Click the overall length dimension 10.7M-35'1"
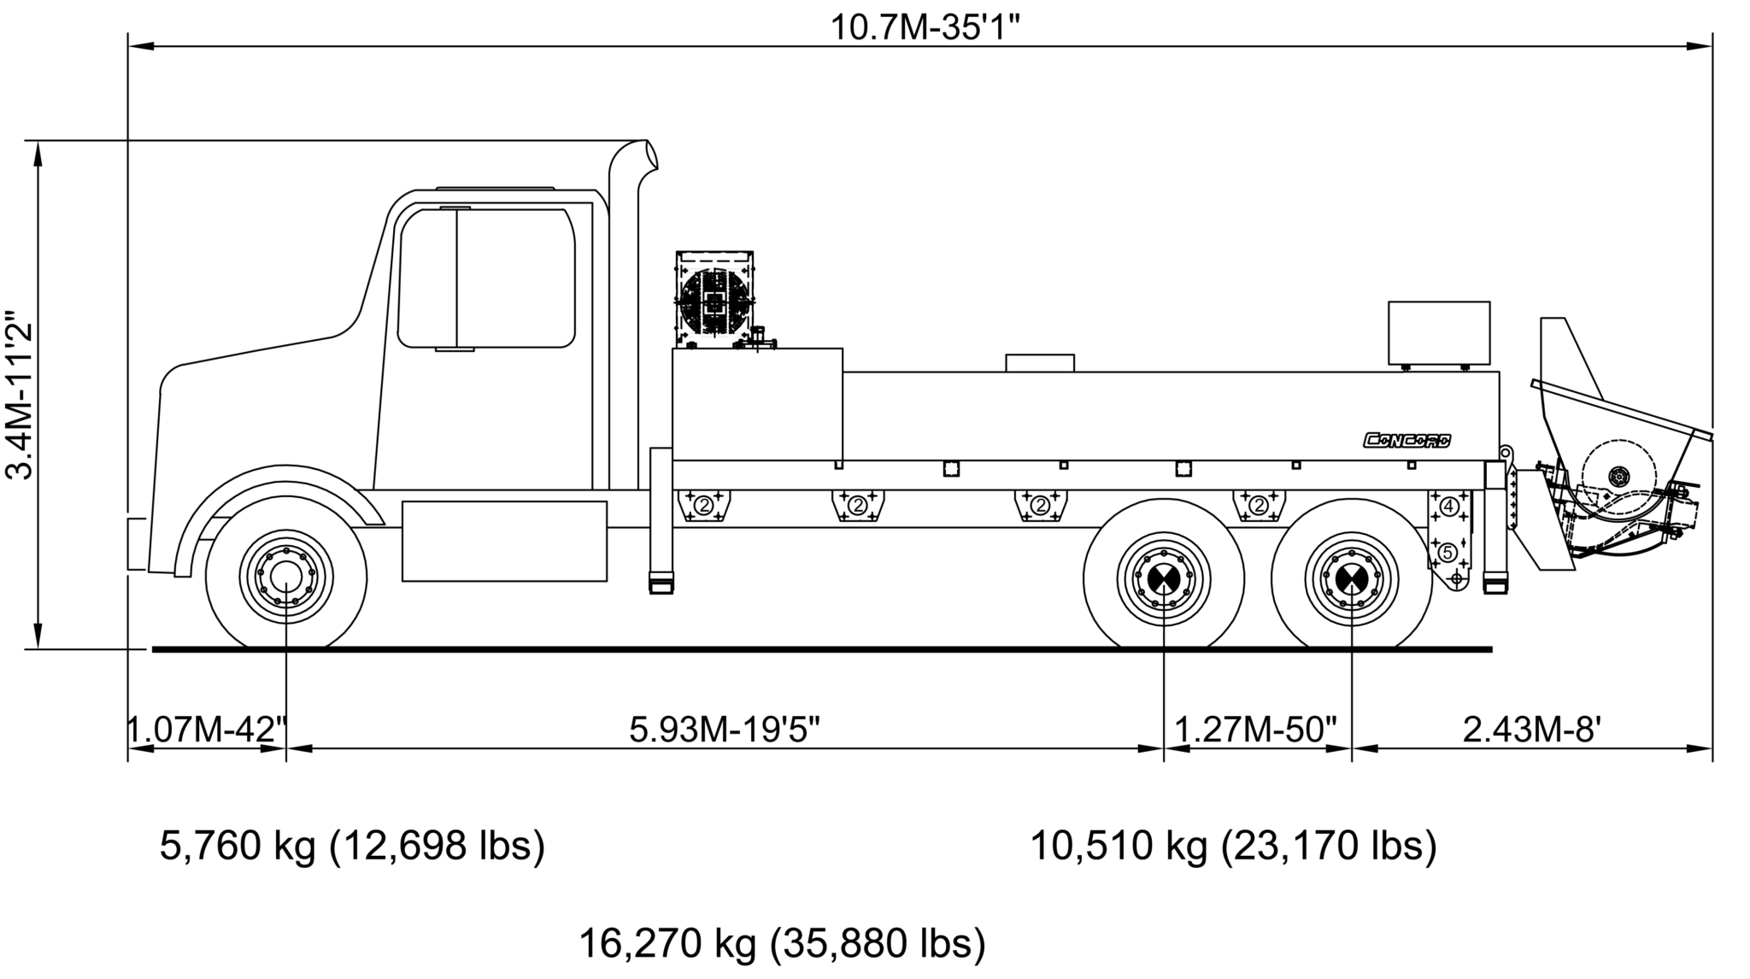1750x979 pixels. click(x=926, y=27)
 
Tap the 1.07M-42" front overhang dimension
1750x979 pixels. click(x=207, y=730)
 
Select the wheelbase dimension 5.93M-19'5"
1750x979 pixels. click(x=725, y=730)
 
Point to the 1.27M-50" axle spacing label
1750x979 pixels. click(x=1256, y=730)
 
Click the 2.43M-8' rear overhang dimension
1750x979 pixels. click(x=1532, y=730)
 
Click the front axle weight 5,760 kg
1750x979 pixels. click(x=352, y=846)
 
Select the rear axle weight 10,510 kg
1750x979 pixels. click(x=1233, y=846)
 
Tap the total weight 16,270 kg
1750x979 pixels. click(x=782, y=943)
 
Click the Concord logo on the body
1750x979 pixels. click(x=1406, y=441)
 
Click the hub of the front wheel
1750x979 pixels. click(x=286, y=577)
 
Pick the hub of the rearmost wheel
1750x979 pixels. click(x=1352, y=578)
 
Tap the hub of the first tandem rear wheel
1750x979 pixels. click(x=1164, y=578)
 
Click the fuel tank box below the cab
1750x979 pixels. click(x=504, y=541)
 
